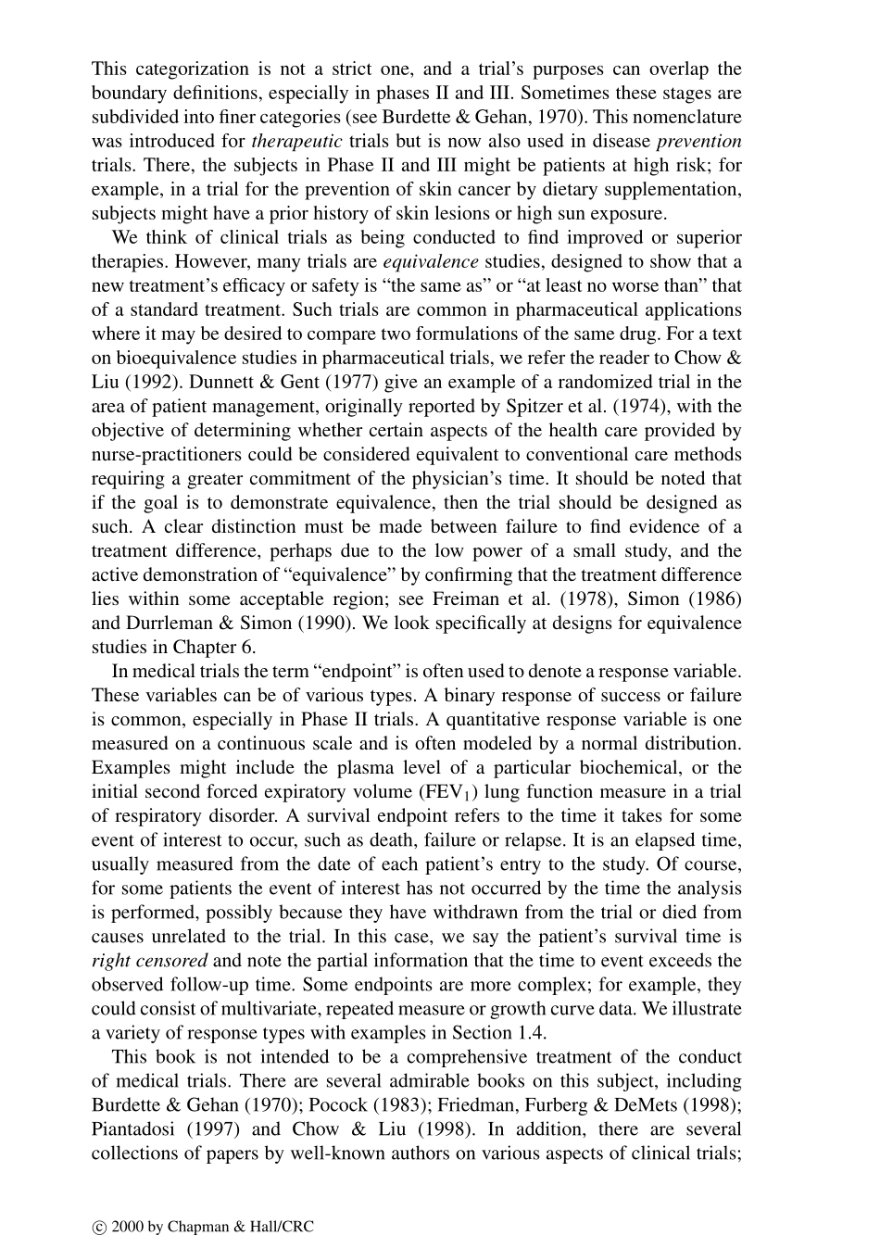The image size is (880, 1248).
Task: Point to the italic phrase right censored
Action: pyautogui.click(x=149, y=961)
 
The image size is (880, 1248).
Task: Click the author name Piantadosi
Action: pyautogui.click(x=134, y=1129)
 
